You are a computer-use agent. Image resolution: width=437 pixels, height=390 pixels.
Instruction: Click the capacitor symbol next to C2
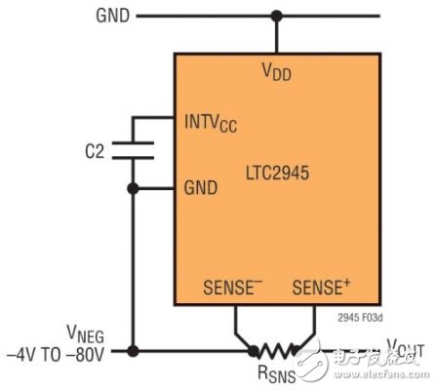point(132,150)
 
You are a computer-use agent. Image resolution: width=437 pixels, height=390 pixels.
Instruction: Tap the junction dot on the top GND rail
point(277,16)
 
